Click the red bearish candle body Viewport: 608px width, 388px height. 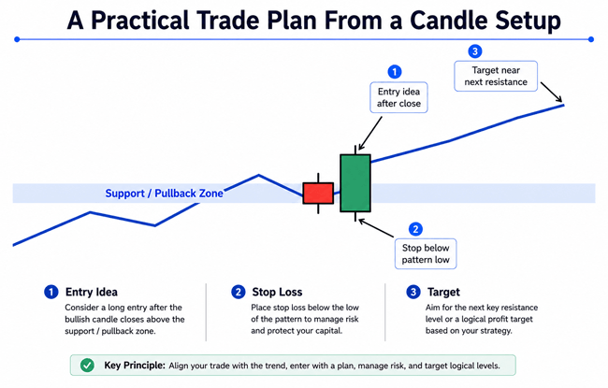pyautogui.click(x=318, y=193)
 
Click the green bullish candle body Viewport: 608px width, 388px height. pyautogui.click(x=355, y=183)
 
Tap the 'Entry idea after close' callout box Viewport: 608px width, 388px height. pyautogui.click(x=398, y=97)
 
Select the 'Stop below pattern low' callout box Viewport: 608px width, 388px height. pyautogui.click(x=426, y=254)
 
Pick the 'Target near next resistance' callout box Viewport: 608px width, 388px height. pyautogui.click(x=496, y=76)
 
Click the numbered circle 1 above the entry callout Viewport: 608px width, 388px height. pyautogui.click(x=395, y=72)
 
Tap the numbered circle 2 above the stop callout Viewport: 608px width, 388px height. pyautogui.click(x=415, y=229)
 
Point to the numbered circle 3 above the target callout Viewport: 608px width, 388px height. pyautogui.click(x=475, y=51)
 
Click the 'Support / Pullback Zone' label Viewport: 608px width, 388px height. pyautogui.click(x=164, y=193)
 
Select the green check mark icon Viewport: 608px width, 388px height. pyautogui.click(x=87, y=366)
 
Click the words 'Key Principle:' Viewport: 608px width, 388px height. pyautogui.click(x=135, y=366)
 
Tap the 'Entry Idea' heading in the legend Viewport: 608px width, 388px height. pyautogui.click(x=92, y=292)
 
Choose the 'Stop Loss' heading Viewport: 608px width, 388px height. pyautogui.click(x=277, y=292)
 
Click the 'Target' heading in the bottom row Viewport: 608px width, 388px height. pyautogui.click(x=443, y=292)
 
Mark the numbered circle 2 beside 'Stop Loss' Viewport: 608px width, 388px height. pyautogui.click(x=239, y=292)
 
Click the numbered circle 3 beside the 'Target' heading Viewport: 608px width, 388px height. pyautogui.click(x=413, y=292)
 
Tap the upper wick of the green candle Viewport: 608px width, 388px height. pyautogui.click(x=355, y=150)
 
